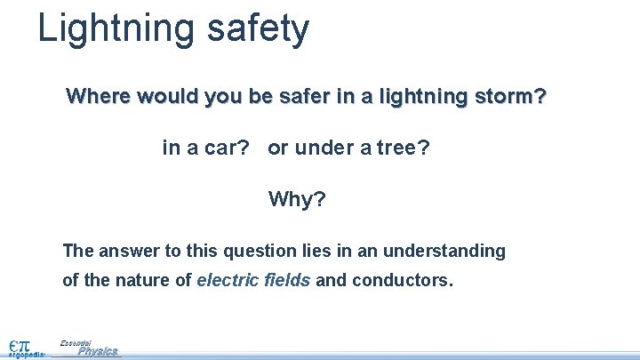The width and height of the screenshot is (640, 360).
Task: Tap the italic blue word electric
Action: (226, 281)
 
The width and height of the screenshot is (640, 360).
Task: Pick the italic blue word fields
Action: (286, 281)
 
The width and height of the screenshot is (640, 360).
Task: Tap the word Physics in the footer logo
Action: (98, 351)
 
